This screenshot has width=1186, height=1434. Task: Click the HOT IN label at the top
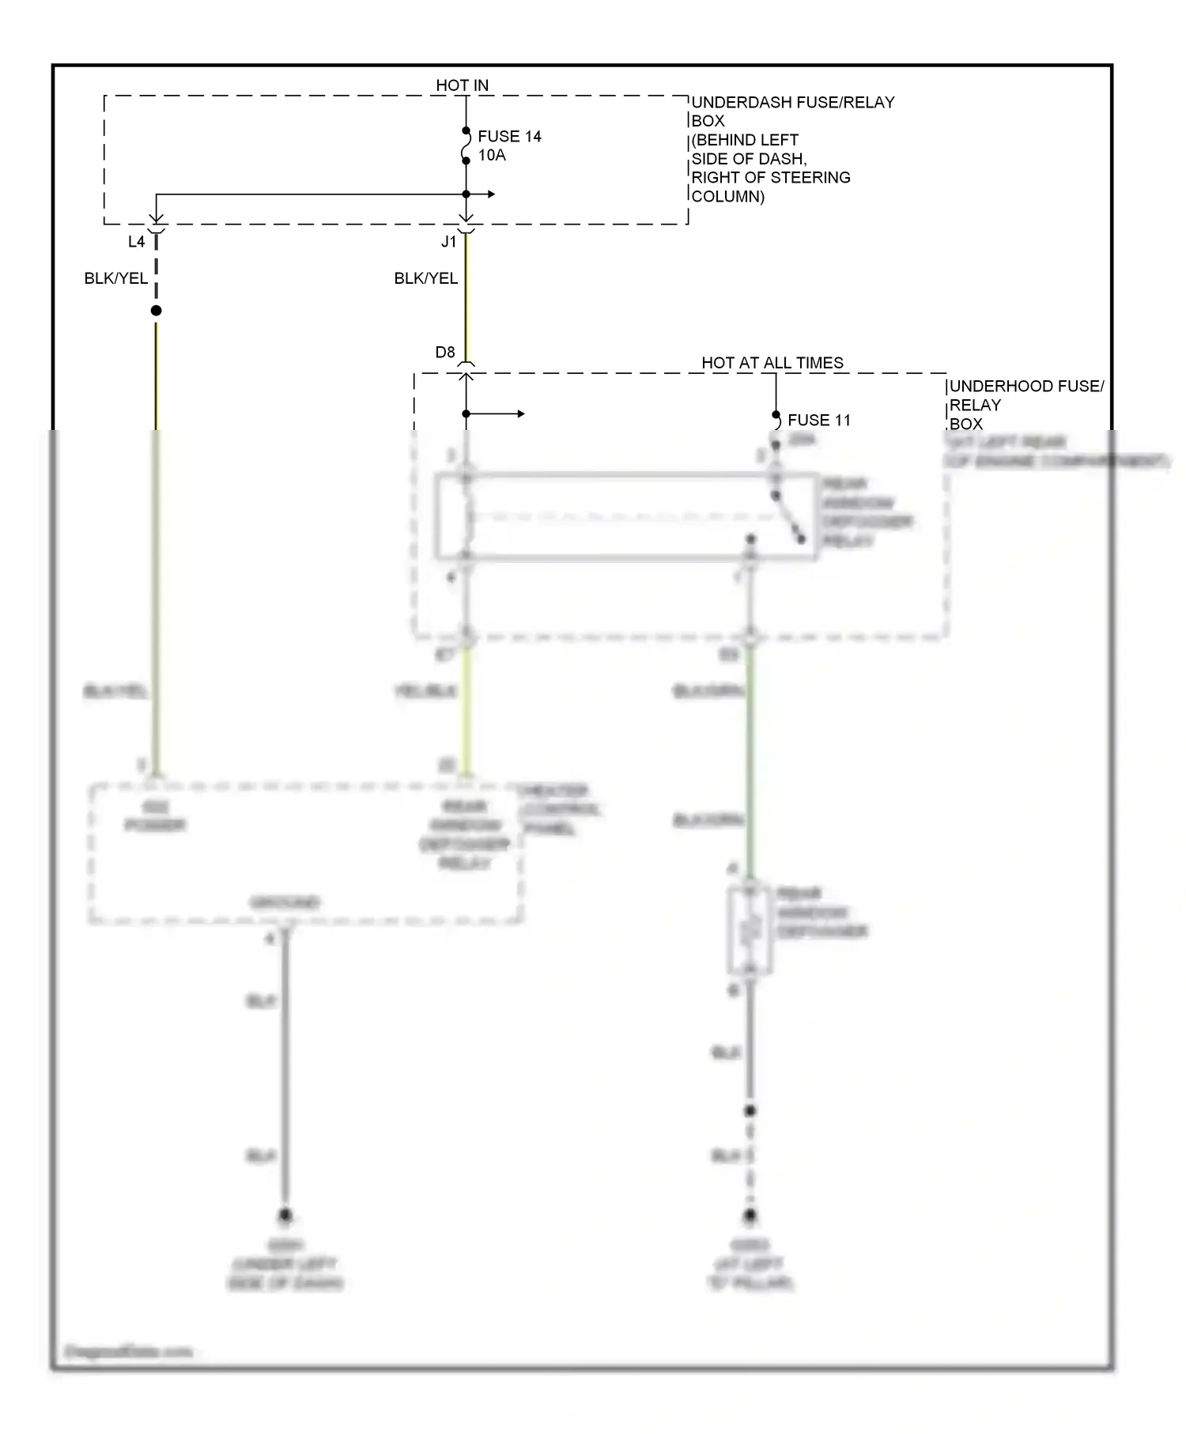462,85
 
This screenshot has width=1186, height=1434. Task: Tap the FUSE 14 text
509,137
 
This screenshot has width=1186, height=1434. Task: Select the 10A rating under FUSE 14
492,156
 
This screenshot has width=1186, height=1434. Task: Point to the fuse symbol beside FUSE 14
466,146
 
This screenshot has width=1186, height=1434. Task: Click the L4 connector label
137,242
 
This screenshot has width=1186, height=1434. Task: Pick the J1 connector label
448,242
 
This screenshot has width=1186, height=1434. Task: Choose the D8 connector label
445,353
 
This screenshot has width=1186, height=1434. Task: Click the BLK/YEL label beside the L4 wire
115,278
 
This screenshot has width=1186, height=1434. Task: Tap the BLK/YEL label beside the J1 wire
425,278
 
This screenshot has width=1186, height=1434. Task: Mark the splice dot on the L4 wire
157,311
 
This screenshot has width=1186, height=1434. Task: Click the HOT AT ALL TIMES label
772,363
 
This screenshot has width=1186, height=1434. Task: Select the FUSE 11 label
819,421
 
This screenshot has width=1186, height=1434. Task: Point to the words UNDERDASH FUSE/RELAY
793,103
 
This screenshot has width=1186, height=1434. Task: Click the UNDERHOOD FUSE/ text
1026,387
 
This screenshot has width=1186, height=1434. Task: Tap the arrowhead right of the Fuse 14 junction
492,194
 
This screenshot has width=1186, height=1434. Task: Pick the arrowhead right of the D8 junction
520,414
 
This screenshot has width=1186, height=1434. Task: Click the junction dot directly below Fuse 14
466,194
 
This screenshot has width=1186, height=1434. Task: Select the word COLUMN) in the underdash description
727,197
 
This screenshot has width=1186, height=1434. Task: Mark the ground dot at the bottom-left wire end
285,1214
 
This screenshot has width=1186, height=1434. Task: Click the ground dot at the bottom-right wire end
750,1214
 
